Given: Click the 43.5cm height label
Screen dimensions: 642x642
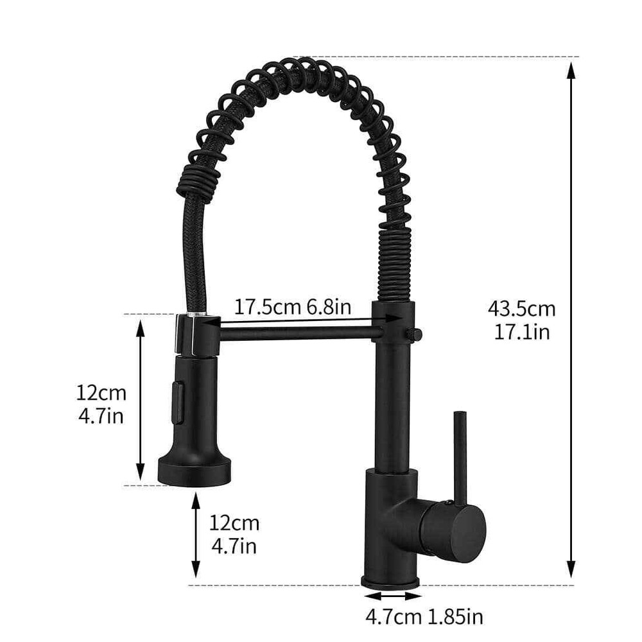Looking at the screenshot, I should (x=521, y=309).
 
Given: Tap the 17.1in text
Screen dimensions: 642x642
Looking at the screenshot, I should (x=521, y=332).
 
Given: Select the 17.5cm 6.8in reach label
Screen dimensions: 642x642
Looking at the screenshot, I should (x=292, y=306).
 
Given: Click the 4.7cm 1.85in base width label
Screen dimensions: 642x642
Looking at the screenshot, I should (x=424, y=618).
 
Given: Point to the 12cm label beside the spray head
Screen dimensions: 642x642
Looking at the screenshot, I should (x=101, y=392).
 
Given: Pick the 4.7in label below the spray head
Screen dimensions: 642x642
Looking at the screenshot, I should (x=234, y=546).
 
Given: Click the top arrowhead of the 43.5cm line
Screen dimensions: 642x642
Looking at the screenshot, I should (x=571, y=69).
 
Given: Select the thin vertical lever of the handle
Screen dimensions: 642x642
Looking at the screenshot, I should (x=460, y=455).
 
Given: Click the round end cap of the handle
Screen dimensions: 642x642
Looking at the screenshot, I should (x=466, y=531).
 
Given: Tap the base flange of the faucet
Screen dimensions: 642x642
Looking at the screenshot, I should (x=390, y=582).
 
